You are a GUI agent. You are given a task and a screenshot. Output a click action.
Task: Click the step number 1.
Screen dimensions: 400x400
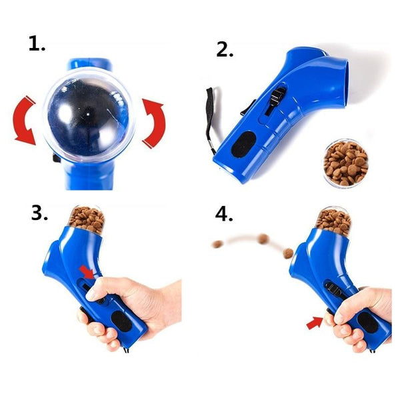pyautogui.click(x=36, y=45)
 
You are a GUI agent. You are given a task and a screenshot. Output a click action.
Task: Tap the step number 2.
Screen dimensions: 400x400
pyautogui.click(x=225, y=50)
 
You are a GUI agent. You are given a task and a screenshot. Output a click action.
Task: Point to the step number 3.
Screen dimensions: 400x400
pyautogui.click(x=38, y=213)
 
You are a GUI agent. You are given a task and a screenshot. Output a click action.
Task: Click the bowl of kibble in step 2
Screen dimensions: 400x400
pyautogui.click(x=345, y=162)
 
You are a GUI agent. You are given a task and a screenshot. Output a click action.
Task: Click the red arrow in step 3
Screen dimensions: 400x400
pyautogui.click(x=86, y=271)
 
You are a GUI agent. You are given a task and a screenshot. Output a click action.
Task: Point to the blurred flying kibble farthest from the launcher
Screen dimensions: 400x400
pyautogui.click(x=216, y=245)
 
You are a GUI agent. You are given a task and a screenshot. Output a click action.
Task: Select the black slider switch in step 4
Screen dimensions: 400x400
pyautogui.click(x=333, y=289)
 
